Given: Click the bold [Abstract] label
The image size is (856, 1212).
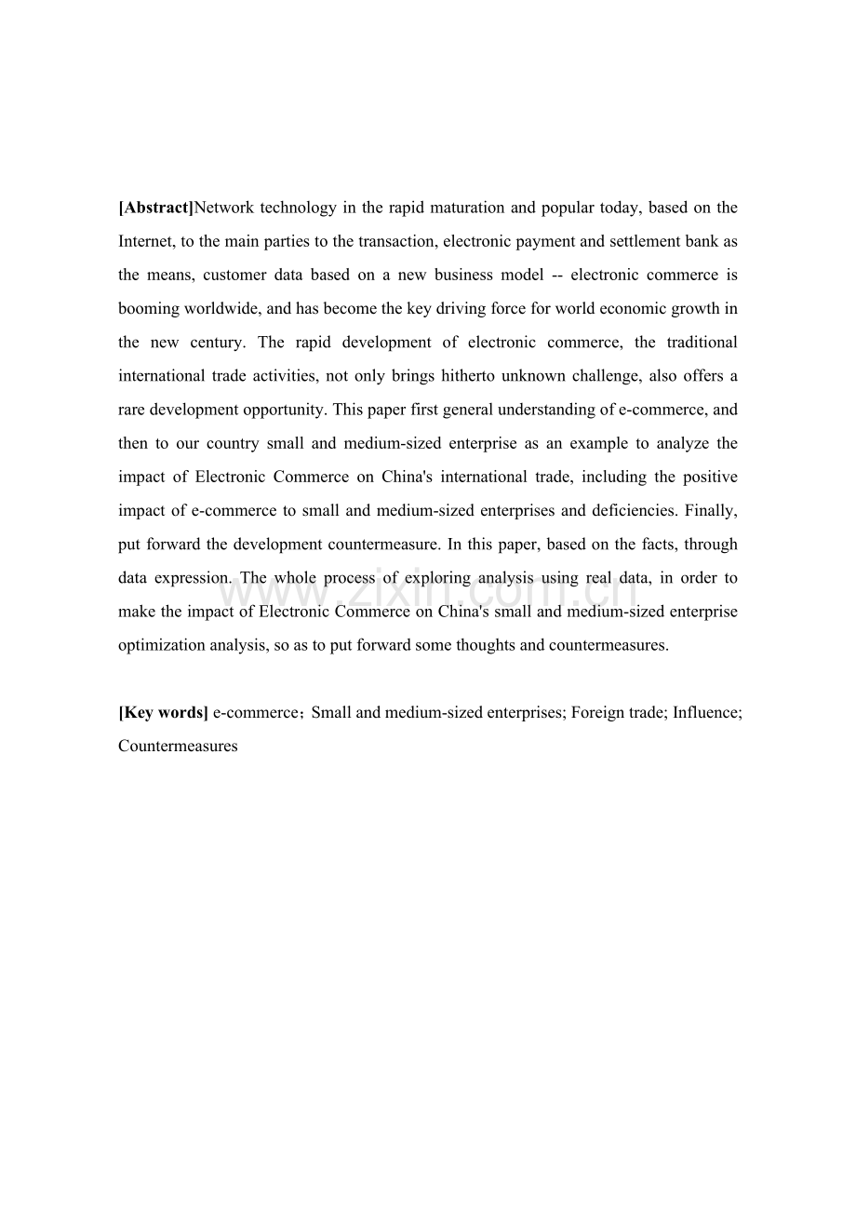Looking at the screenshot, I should click(x=156, y=208).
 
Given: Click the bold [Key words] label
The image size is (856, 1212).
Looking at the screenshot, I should click(x=163, y=712).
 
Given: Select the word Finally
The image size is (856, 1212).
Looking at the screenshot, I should click(x=711, y=510).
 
